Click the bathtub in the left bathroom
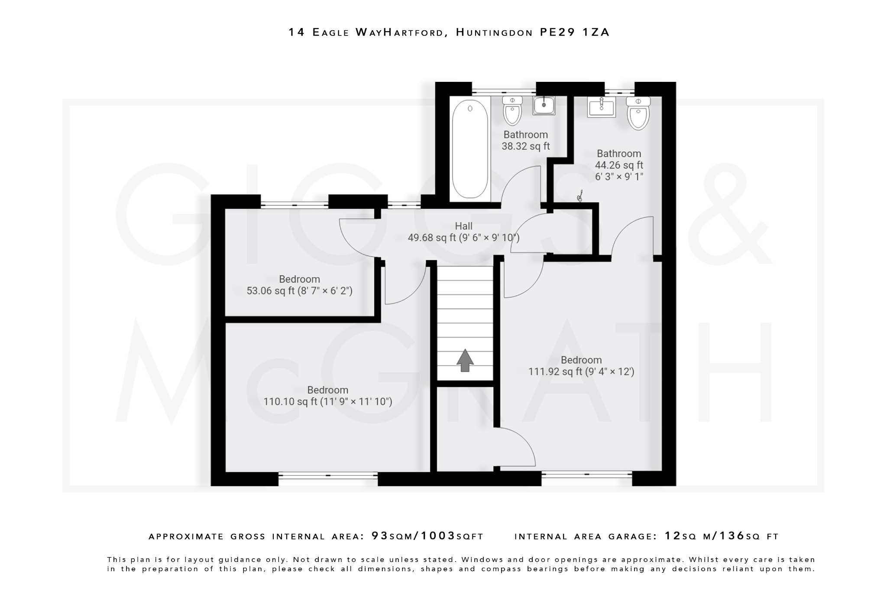coord(470,149)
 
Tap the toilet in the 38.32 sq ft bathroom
coord(512,110)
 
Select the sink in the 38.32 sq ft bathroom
coord(544,105)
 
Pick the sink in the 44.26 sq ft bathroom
coord(602,107)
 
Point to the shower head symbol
coord(580,197)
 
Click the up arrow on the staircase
coord(465,360)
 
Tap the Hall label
coord(463,226)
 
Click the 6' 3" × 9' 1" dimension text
coord(619,177)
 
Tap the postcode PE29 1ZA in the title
coord(575,32)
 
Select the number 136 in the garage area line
coord(732,536)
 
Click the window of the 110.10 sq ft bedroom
coord(328,475)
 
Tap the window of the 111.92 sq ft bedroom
coord(586,475)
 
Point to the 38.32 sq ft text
coord(526,146)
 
